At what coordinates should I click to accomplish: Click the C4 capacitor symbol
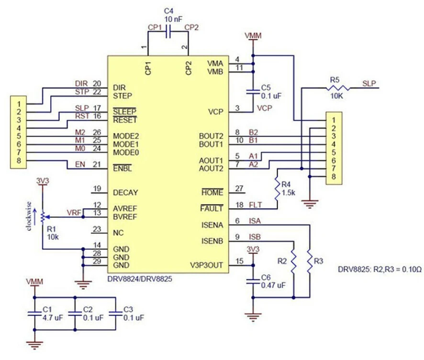(x=168, y=32)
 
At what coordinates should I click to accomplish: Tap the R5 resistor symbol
(x=338, y=88)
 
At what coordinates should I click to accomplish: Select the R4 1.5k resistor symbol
(x=278, y=188)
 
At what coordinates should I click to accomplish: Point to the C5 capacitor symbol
(x=253, y=92)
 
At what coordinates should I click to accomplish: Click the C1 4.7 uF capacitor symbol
(x=34, y=314)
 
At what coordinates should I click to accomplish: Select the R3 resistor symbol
(x=310, y=261)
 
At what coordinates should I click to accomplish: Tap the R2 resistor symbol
(x=294, y=261)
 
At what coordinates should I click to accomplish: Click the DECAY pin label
(x=125, y=193)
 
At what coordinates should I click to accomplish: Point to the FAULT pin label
(x=212, y=208)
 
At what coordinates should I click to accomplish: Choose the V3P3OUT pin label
(x=207, y=265)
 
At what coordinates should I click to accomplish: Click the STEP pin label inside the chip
(x=123, y=96)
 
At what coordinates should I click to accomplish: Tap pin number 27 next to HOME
(x=239, y=188)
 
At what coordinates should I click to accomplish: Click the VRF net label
(x=74, y=213)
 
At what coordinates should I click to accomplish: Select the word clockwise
(x=29, y=216)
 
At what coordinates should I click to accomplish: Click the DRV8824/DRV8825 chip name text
(x=140, y=279)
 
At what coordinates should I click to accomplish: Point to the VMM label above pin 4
(x=253, y=35)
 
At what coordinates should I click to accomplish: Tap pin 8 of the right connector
(x=334, y=176)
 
